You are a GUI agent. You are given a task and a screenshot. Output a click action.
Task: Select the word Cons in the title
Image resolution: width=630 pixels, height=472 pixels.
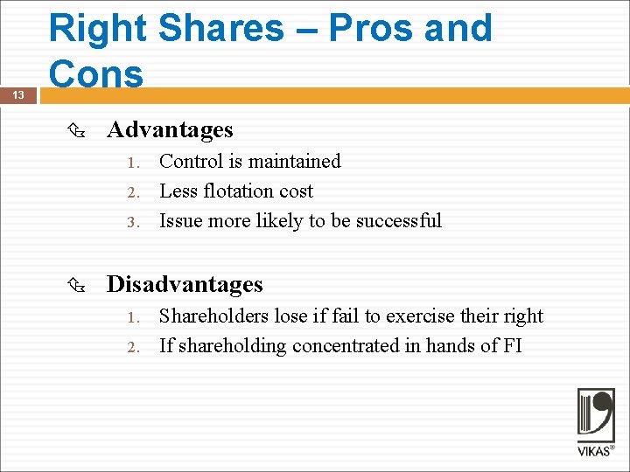pyautogui.click(x=96, y=73)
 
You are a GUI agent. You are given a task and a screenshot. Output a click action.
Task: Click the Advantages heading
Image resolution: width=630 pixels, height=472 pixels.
pyautogui.click(x=170, y=130)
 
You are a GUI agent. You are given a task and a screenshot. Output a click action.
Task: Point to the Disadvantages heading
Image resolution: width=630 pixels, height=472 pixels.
pyautogui.click(x=185, y=284)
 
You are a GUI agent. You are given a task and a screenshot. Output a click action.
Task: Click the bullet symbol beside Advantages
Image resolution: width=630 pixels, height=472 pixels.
pyautogui.click(x=75, y=130)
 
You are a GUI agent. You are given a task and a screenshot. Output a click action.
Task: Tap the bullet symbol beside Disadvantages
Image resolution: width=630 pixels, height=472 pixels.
pyautogui.click(x=75, y=285)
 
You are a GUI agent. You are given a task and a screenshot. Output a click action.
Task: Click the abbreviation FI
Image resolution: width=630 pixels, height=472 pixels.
pyautogui.click(x=512, y=346)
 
